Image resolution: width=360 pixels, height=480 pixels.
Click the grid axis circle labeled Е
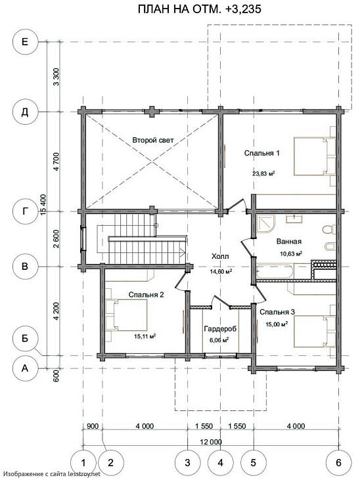25,42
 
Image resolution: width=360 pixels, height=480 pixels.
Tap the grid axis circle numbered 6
338,462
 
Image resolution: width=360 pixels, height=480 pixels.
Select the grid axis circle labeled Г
25,211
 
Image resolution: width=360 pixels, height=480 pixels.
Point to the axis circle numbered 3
187,462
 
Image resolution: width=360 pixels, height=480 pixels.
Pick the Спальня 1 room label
261,153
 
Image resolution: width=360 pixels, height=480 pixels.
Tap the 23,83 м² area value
263,173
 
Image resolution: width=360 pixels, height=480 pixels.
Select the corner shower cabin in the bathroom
265,223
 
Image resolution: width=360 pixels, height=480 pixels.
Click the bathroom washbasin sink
294,218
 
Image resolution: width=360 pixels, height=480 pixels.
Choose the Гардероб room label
220,329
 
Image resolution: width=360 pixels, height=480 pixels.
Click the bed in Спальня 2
127,315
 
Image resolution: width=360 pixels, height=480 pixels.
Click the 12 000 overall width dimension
210,442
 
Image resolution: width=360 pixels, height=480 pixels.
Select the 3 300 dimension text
56,77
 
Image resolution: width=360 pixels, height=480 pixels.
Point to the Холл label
220,256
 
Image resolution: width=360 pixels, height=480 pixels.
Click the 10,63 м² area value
291,253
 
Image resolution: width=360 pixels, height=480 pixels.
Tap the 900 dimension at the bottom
93,426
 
